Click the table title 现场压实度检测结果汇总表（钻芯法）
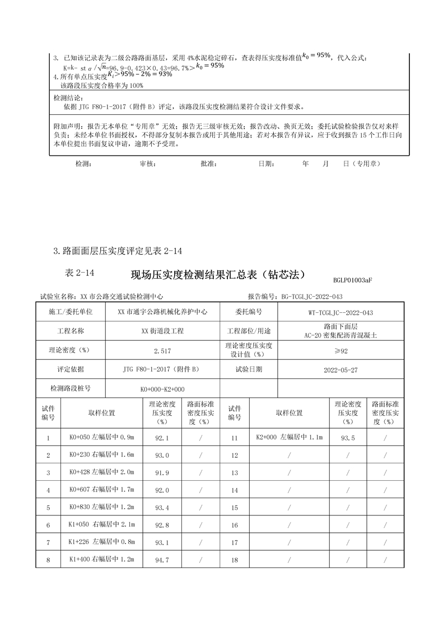(x=217, y=275)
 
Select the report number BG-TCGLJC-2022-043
(x=311, y=297)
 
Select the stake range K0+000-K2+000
(x=162, y=389)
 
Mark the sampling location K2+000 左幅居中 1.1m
(x=289, y=438)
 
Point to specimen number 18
(x=235, y=560)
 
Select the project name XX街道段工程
(x=162, y=331)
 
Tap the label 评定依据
(x=70, y=369)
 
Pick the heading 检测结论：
(x=67, y=98)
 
